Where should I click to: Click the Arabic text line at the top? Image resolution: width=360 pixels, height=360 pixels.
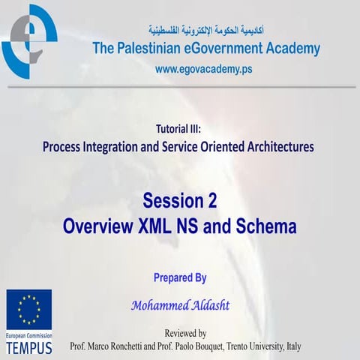[205, 31]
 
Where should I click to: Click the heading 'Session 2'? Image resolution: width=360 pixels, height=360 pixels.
[179, 201]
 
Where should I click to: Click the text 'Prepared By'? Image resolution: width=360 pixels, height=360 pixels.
[179, 277]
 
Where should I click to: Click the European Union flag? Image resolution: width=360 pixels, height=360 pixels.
[29, 309]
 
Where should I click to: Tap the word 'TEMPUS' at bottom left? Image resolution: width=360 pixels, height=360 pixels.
[29, 349]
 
